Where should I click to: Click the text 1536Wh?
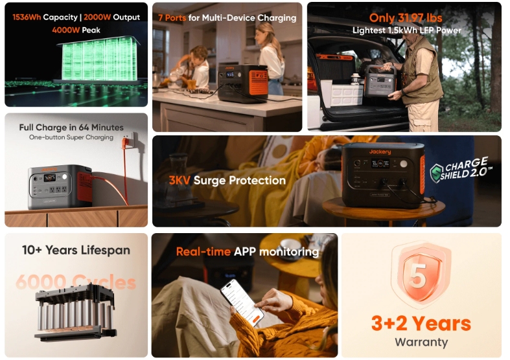pos(27,17)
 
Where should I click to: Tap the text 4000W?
pos(66,30)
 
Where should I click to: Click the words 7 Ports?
pos(172,18)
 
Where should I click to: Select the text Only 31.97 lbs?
pos(406,18)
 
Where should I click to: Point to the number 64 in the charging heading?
pos(84,128)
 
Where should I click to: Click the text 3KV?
pos(180,181)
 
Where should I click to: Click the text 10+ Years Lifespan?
pos(76,250)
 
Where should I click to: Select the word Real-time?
pos(203,251)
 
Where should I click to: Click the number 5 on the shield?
pos(418,276)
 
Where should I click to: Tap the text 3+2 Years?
pos(421,323)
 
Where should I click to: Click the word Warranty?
pos(421,342)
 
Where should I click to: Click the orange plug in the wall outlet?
pos(124,143)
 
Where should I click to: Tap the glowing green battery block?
pos(99,59)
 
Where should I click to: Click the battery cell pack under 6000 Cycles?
pos(75,312)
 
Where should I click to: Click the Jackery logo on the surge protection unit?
pos(380,152)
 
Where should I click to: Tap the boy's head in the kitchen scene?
pos(198,54)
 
